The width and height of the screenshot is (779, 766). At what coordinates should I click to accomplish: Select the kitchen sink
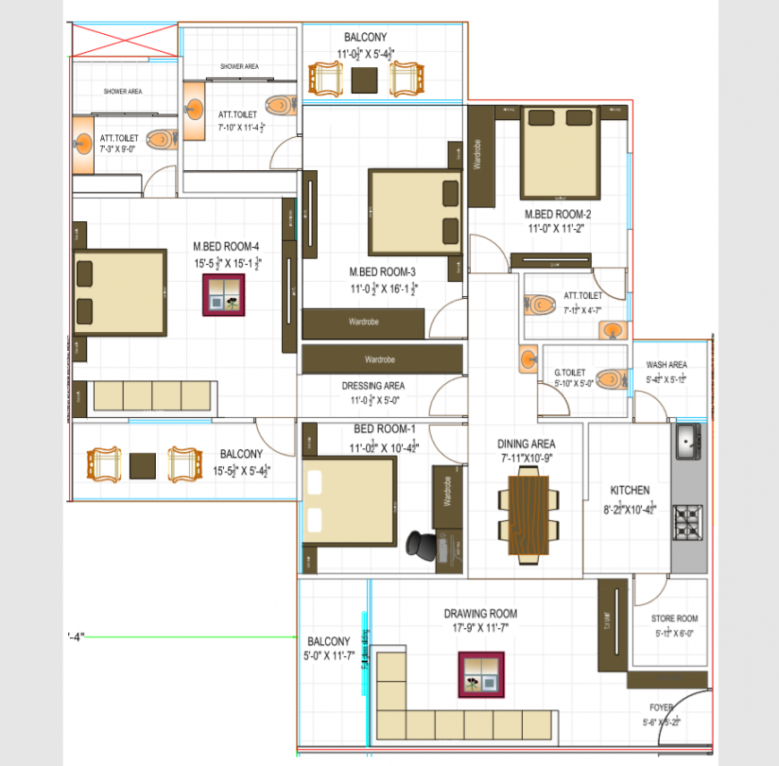[689, 442]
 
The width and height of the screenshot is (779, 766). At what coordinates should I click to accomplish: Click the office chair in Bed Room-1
[420, 543]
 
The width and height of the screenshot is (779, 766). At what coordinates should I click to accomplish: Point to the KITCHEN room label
[630, 490]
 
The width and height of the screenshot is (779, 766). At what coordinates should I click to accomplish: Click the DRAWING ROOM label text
[481, 614]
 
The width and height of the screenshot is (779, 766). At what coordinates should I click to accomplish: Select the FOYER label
[663, 706]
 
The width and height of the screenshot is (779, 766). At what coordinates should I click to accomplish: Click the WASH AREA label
[666, 365]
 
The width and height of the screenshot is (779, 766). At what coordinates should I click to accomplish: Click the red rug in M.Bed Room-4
[224, 294]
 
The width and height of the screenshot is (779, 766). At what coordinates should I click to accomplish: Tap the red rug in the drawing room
[482, 675]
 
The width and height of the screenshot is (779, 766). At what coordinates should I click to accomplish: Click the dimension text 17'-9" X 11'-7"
[481, 629]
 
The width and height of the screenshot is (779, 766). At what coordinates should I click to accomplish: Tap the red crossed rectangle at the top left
[125, 42]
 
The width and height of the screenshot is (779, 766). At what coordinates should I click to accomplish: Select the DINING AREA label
[526, 444]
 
